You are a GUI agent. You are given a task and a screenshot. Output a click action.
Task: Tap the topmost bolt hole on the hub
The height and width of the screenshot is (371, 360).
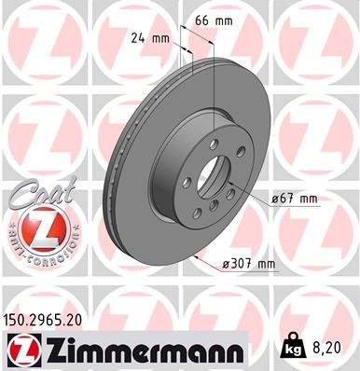(x=214, y=143)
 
